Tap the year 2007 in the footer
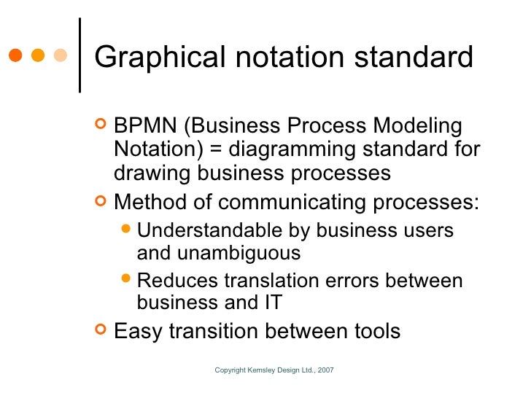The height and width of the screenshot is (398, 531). [x=325, y=371]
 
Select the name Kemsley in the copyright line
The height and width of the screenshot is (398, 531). [x=258, y=371]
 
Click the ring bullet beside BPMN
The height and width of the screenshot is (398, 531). [x=101, y=124]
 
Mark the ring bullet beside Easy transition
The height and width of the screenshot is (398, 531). [x=101, y=330]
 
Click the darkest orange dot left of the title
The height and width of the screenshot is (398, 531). [x=15, y=55]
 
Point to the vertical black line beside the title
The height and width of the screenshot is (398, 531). [x=78, y=55]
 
